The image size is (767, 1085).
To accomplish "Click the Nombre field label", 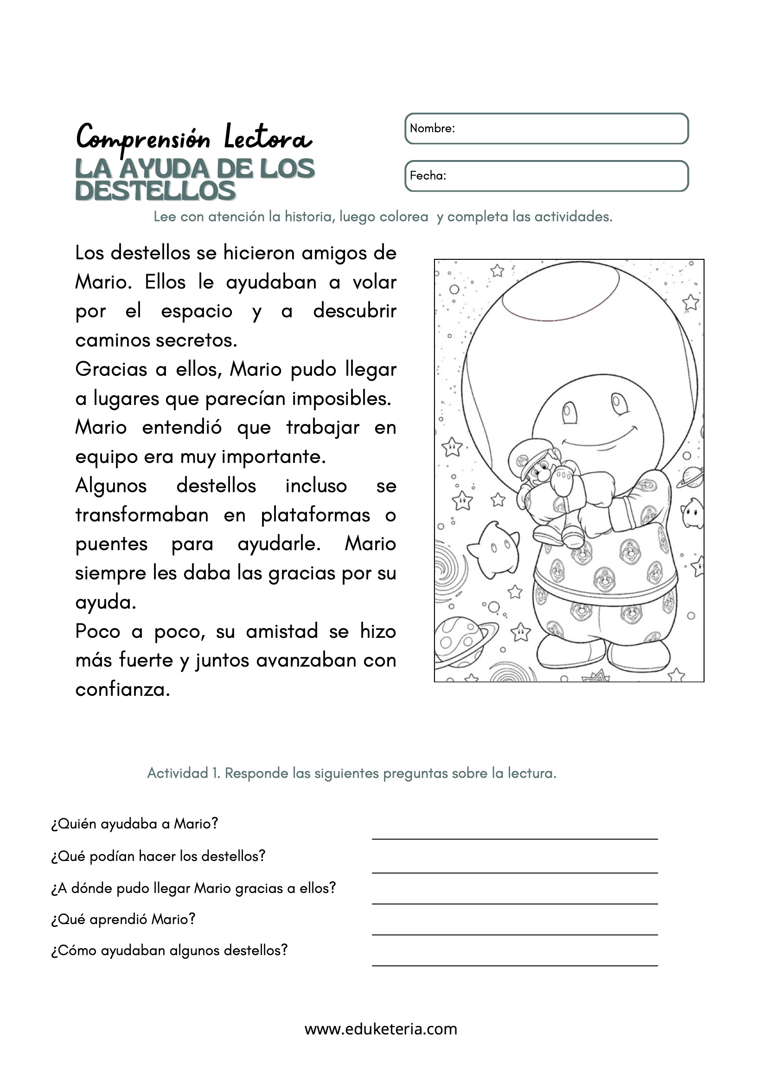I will click(x=432, y=128).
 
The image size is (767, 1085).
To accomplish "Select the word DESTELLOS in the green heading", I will click(x=155, y=191).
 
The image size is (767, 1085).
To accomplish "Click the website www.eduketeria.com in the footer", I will click(x=381, y=1029).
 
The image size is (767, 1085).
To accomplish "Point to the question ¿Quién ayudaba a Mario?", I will click(x=134, y=824).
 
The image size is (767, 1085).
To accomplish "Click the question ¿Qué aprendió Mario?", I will click(x=123, y=919).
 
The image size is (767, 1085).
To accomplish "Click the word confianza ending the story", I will click(x=122, y=689).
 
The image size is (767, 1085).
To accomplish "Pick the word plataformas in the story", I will click(x=315, y=515).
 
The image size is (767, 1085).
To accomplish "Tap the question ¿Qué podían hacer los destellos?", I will click(x=158, y=856).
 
